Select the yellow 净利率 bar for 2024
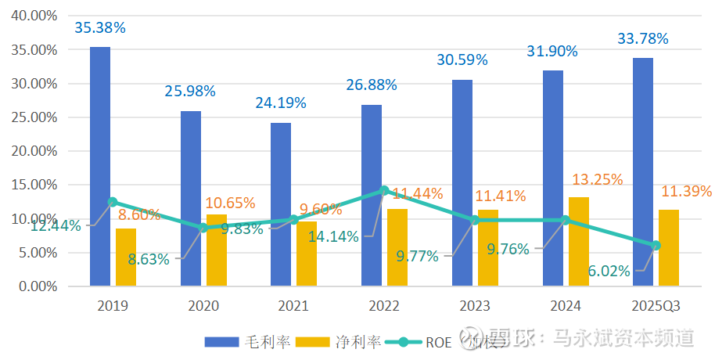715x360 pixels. [x=578, y=242]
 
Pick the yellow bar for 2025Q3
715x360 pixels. [x=668, y=248]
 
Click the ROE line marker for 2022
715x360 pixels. [x=384, y=190]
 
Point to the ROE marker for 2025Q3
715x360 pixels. [x=656, y=246]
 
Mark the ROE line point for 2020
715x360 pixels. [x=203, y=228]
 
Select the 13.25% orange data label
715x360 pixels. [x=597, y=180]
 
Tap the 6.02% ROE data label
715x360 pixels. [x=610, y=271]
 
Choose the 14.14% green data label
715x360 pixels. [x=333, y=236]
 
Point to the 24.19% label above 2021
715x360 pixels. [x=280, y=103]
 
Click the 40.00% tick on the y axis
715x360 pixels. [x=35, y=16]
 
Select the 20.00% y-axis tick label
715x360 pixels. [x=35, y=151]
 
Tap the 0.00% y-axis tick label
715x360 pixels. [x=38, y=286]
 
